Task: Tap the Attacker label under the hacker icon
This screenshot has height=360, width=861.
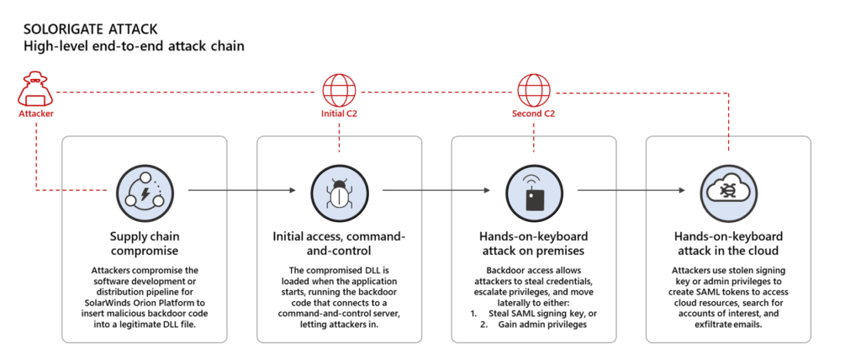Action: [37, 112]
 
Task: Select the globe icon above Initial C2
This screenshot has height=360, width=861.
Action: [338, 88]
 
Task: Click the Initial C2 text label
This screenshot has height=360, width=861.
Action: [338, 113]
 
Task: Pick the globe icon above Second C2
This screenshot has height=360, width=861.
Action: [533, 88]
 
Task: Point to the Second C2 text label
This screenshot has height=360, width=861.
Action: [533, 113]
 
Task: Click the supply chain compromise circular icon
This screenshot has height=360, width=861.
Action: [144, 191]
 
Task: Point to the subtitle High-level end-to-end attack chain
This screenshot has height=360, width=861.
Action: [134, 46]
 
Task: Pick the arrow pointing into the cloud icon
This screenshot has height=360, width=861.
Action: [631, 191]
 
